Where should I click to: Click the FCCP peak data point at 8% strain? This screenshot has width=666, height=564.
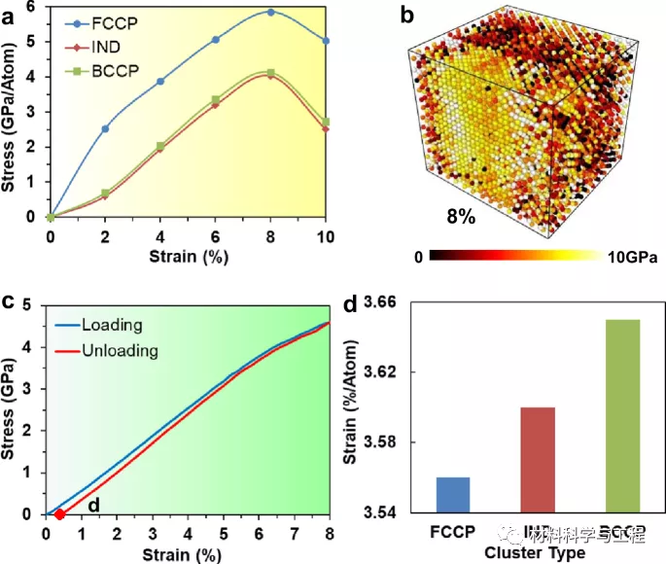point(270,13)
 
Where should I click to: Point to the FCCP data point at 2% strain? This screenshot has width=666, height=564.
point(105,128)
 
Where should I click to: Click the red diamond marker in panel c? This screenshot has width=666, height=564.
point(59,514)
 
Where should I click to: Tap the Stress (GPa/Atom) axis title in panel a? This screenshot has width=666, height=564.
point(12,113)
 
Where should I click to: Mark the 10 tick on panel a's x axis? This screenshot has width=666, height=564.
point(327,234)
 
